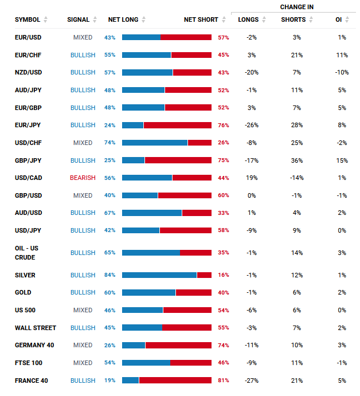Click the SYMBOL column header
click(28, 19)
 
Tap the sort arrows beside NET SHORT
click(224, 19)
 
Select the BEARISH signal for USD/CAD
click(83, 178)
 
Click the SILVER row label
click(25, 275)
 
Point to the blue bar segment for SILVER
click(159, 275)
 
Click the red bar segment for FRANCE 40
click(175, 381)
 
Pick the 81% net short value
click(224, 381)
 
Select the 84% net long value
click(110, 275)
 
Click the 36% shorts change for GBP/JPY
click(297, 160)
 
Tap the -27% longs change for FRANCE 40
click(252, 381)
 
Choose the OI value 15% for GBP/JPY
click(342, 160)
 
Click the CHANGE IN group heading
click(297, 7)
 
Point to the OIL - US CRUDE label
click(26, 253)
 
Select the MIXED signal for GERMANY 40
click(83, 345)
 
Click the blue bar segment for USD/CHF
click(155, 143)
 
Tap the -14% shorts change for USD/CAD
click(297, 178)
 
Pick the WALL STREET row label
click(36, 328)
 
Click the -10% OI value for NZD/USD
click(342, 72)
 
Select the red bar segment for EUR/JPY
click(178, 126)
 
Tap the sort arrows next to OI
click(347, 19)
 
